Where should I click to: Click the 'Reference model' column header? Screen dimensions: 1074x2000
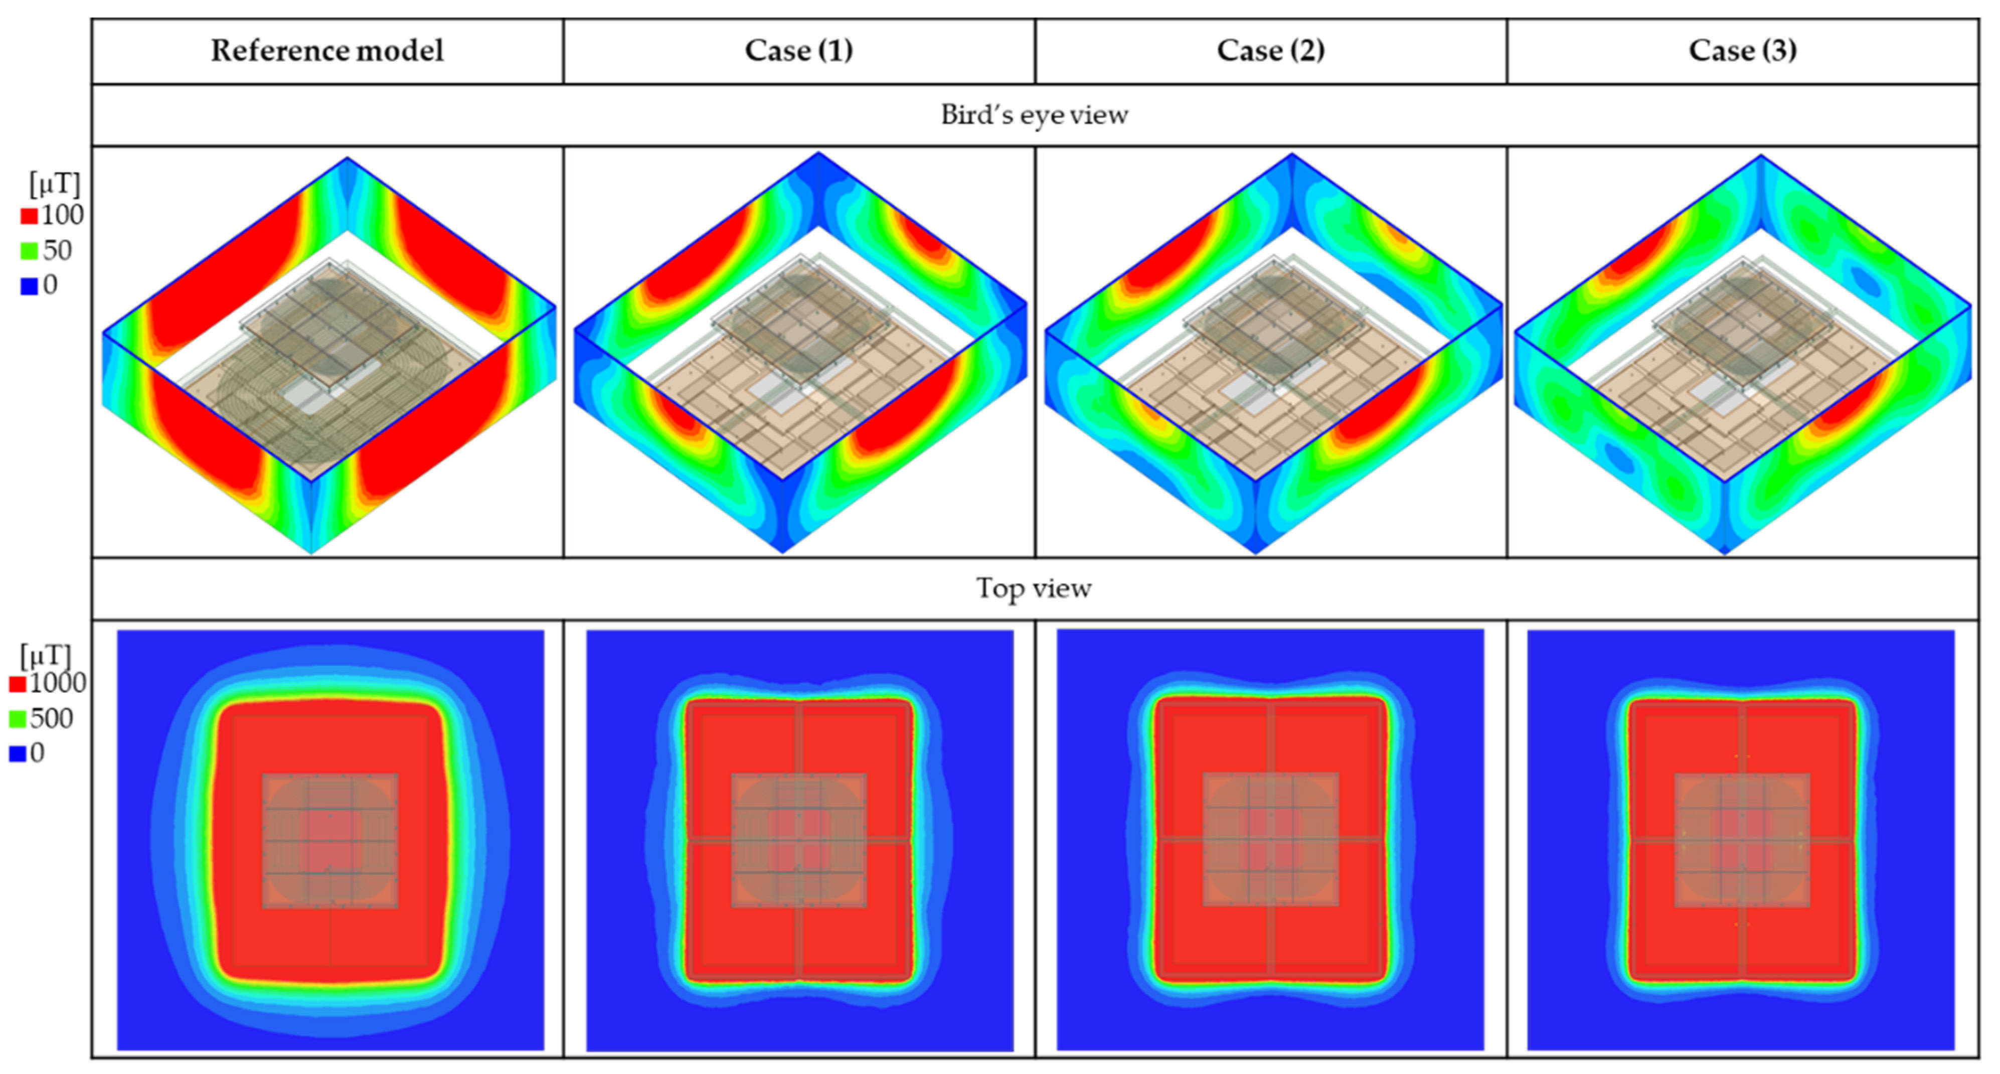(x=327, y=51)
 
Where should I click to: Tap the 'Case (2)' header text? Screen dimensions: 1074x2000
(x=1270, y=51)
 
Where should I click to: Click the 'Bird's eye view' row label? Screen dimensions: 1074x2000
(x=1034, y=115)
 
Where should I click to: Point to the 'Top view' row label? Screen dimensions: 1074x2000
(x=1034, y=588)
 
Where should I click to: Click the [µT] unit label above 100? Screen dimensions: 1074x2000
(x=54, y=185)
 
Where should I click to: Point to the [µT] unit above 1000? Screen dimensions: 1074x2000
(x=45, y=656)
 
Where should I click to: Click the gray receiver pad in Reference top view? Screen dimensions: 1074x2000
(x=330, y=840)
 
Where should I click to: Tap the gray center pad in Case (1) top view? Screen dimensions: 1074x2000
(x=799, y=840)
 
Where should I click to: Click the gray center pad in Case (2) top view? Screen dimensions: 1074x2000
(x=1270, y=840)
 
